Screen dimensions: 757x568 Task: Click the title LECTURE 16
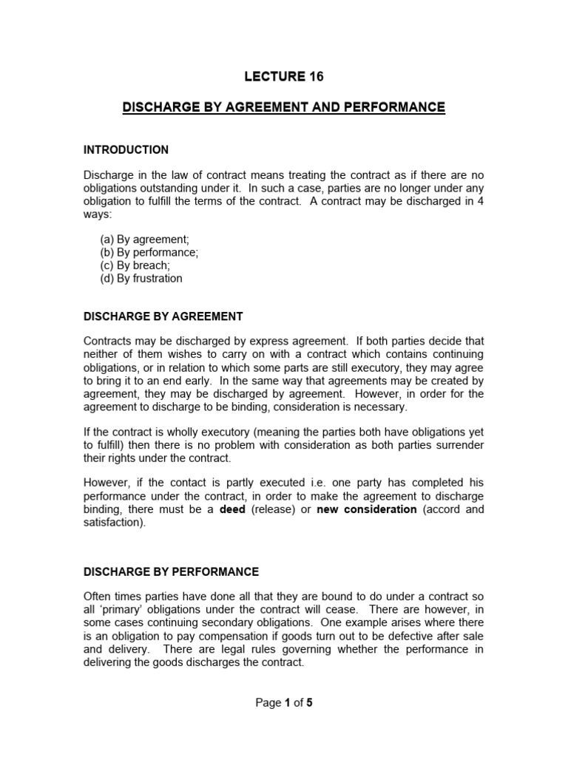pyautogui.click(x=284, y=77)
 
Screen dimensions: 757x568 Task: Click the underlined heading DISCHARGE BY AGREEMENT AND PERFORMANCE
pyautogui.click(x=284, y=108)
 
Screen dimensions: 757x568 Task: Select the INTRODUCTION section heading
pyautogui.click(x=126, y=150)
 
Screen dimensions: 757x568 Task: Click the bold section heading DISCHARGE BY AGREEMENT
pyautogui.click(x=163, y=316)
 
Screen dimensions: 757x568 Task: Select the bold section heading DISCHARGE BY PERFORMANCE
pyautogui.click(x=171, y=571)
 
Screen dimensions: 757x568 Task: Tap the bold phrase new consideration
pyautogui.click(x=366, y=509)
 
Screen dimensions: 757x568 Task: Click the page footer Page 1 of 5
pyautogui.click(x=284, y=703)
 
